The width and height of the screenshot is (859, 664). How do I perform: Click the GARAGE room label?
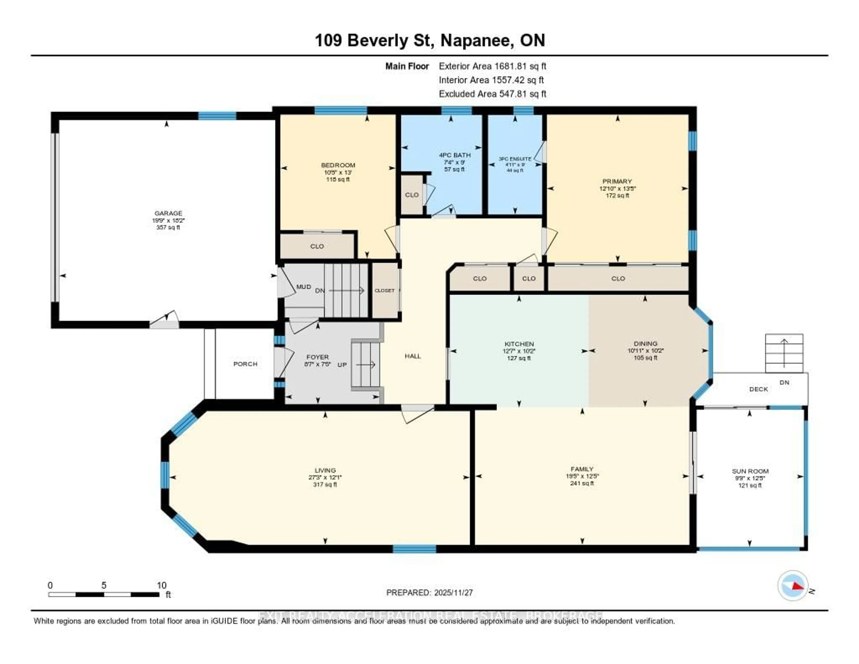[168, 213]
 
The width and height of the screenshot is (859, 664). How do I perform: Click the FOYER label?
[317, 357]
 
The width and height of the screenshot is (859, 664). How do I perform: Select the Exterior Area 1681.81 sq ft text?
[492, 66]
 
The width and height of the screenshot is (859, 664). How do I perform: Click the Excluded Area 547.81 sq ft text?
[492, 94]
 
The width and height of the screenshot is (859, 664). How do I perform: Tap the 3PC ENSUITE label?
[515, 159]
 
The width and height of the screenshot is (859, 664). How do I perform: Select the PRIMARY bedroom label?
[617, 181]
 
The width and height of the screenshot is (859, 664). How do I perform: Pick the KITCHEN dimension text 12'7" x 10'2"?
[519, 351]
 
